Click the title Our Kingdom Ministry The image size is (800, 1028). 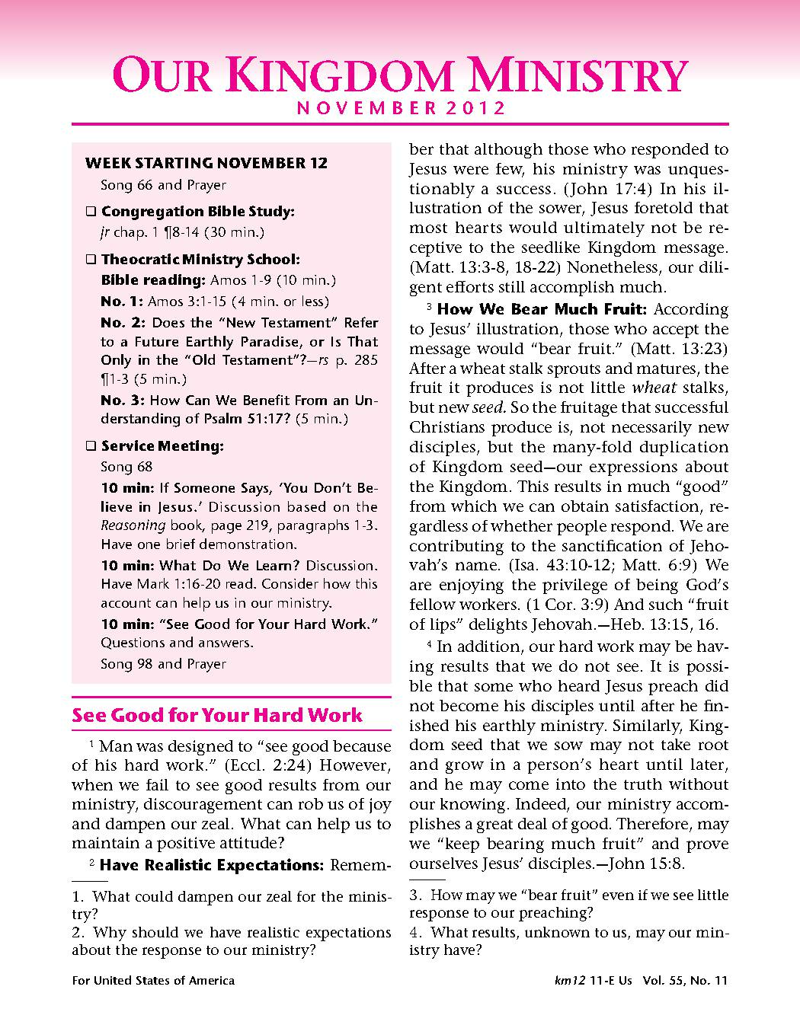(x=399, y=76)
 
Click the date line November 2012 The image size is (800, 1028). (x=400, y=107)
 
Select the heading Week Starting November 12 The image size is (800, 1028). (x=206, y=163)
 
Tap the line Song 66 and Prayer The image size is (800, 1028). (x=163, y=185)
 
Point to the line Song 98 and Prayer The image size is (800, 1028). (x=163, y=664)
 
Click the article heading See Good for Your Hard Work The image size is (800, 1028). (x=217, y=716)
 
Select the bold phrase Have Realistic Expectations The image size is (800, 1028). (x=213, y=865)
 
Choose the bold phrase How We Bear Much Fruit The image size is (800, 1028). (x=542, y=309)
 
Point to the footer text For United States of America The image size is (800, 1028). (x=153, y=981)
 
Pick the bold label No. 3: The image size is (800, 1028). (x=123, y=400)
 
